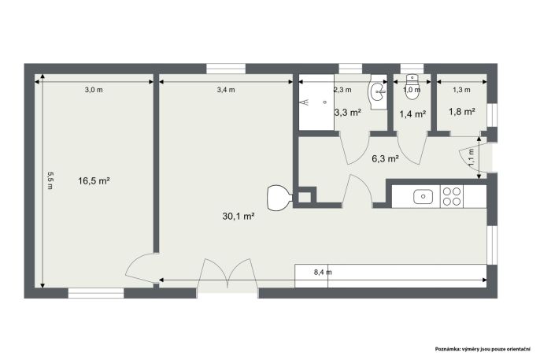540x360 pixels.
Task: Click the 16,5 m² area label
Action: [x=94, y=181]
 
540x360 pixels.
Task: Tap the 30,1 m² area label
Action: [x=239, y=217]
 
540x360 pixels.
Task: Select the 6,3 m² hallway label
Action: [x=386, y=159]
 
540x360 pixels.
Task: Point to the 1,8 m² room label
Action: [x=462, y=112]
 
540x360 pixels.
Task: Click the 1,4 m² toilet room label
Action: [x=412, y=113]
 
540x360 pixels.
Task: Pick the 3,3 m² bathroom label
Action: [x=348, y=113]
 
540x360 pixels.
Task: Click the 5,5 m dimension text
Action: [x=50, y=180]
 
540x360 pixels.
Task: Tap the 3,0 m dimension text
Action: [x=94, y=90]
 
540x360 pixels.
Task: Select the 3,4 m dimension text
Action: [x=226, y=90]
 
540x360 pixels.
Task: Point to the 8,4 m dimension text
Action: [x=323, y=272]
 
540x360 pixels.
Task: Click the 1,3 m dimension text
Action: [x=461, y=90]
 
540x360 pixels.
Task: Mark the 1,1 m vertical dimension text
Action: [x=471, y=157]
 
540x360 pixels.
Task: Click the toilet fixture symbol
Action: [x=412, y=87]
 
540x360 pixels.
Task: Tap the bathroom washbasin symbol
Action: [x=378, y=91]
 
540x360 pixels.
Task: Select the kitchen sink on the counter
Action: [x=423, y=196]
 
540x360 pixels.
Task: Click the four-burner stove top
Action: [x=452, y=196]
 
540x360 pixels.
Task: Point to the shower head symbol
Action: [x=305, y=102]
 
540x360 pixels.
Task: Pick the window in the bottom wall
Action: [x=96, y=293]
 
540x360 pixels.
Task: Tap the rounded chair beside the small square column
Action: [x=279, y=198]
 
